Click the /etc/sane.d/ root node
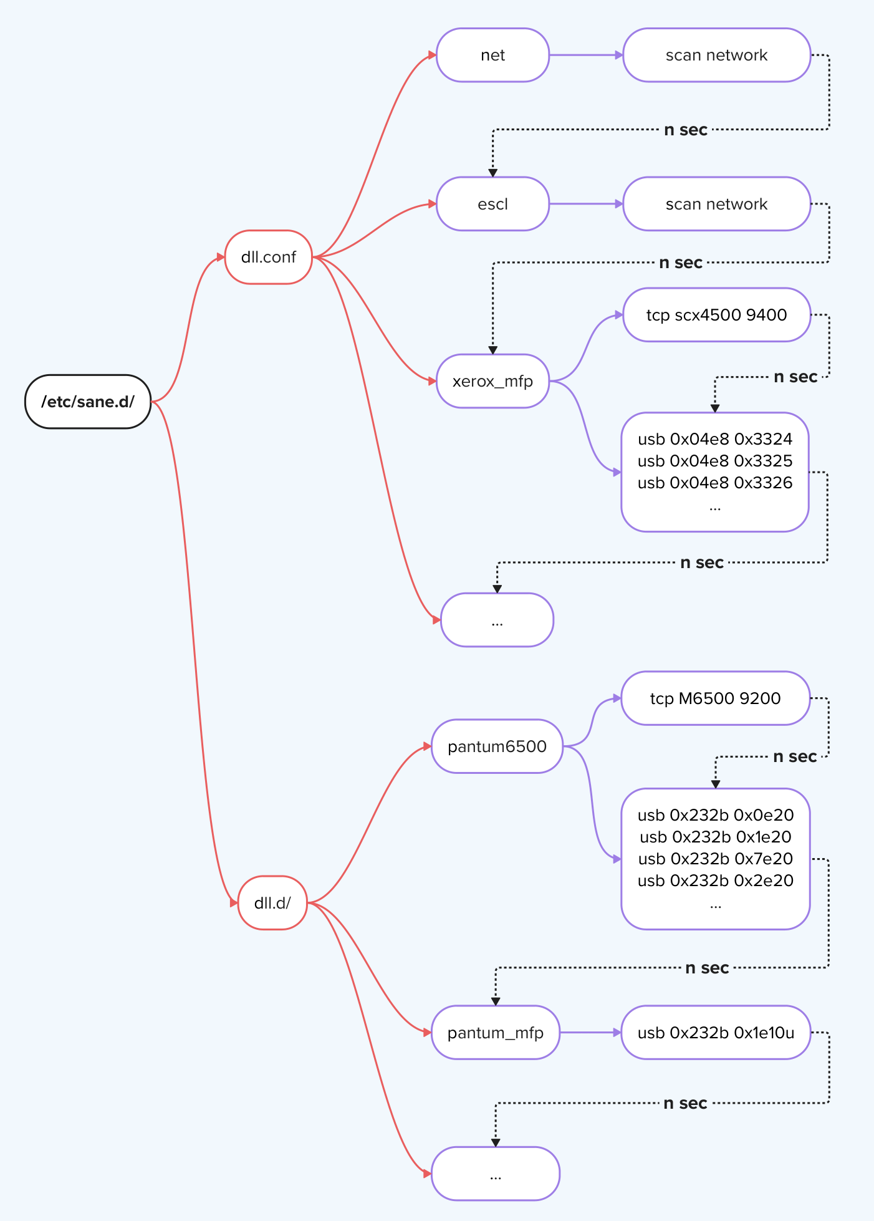(x=88, y=402)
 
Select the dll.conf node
(x=268, y=257)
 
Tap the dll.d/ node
(x=272, y=903)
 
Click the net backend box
(x=492, y=55)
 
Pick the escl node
(x=492, y=204)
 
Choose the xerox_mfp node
(x=492, y=381)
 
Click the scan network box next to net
(x=716, y=55)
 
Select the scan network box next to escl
(x=716, y=204)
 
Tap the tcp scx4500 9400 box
(x=716, y=315)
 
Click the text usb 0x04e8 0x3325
(x=715, y=461)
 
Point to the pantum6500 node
(x=497, y=746)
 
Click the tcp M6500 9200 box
(x=715, y=698)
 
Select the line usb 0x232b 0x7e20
(x=715, y=859)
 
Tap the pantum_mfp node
(x=496, y=1033)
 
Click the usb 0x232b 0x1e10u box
(x=716, y=1033)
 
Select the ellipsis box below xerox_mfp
(x=497, y=620)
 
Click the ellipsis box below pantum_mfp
(x=496, y=1174)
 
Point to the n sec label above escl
(x=685, y=130)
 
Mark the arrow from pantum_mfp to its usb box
(x=590, y=1033)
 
